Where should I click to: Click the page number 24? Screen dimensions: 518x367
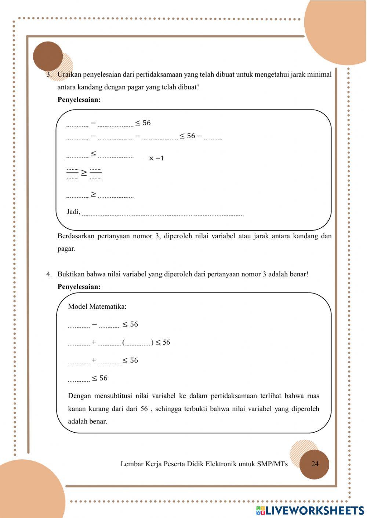coord(315,464)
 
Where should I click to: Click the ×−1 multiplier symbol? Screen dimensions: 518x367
coord(157,158)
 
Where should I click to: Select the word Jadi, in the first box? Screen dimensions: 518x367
coord(73,212)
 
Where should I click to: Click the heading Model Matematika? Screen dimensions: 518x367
coord(97,306)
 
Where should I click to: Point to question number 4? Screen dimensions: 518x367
coord(49,274)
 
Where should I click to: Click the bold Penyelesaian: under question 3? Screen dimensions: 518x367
coord(79,100)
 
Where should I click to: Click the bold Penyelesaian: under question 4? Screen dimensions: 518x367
coord(79,287)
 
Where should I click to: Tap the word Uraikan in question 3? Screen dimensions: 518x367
coord(69,74)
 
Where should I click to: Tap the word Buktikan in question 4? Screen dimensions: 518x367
coord(71,274)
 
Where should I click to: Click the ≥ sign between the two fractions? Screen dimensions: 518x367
coord(84,173)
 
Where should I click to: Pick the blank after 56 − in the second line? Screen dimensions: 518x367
coord(213,137)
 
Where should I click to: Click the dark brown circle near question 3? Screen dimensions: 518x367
coord(48,56)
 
